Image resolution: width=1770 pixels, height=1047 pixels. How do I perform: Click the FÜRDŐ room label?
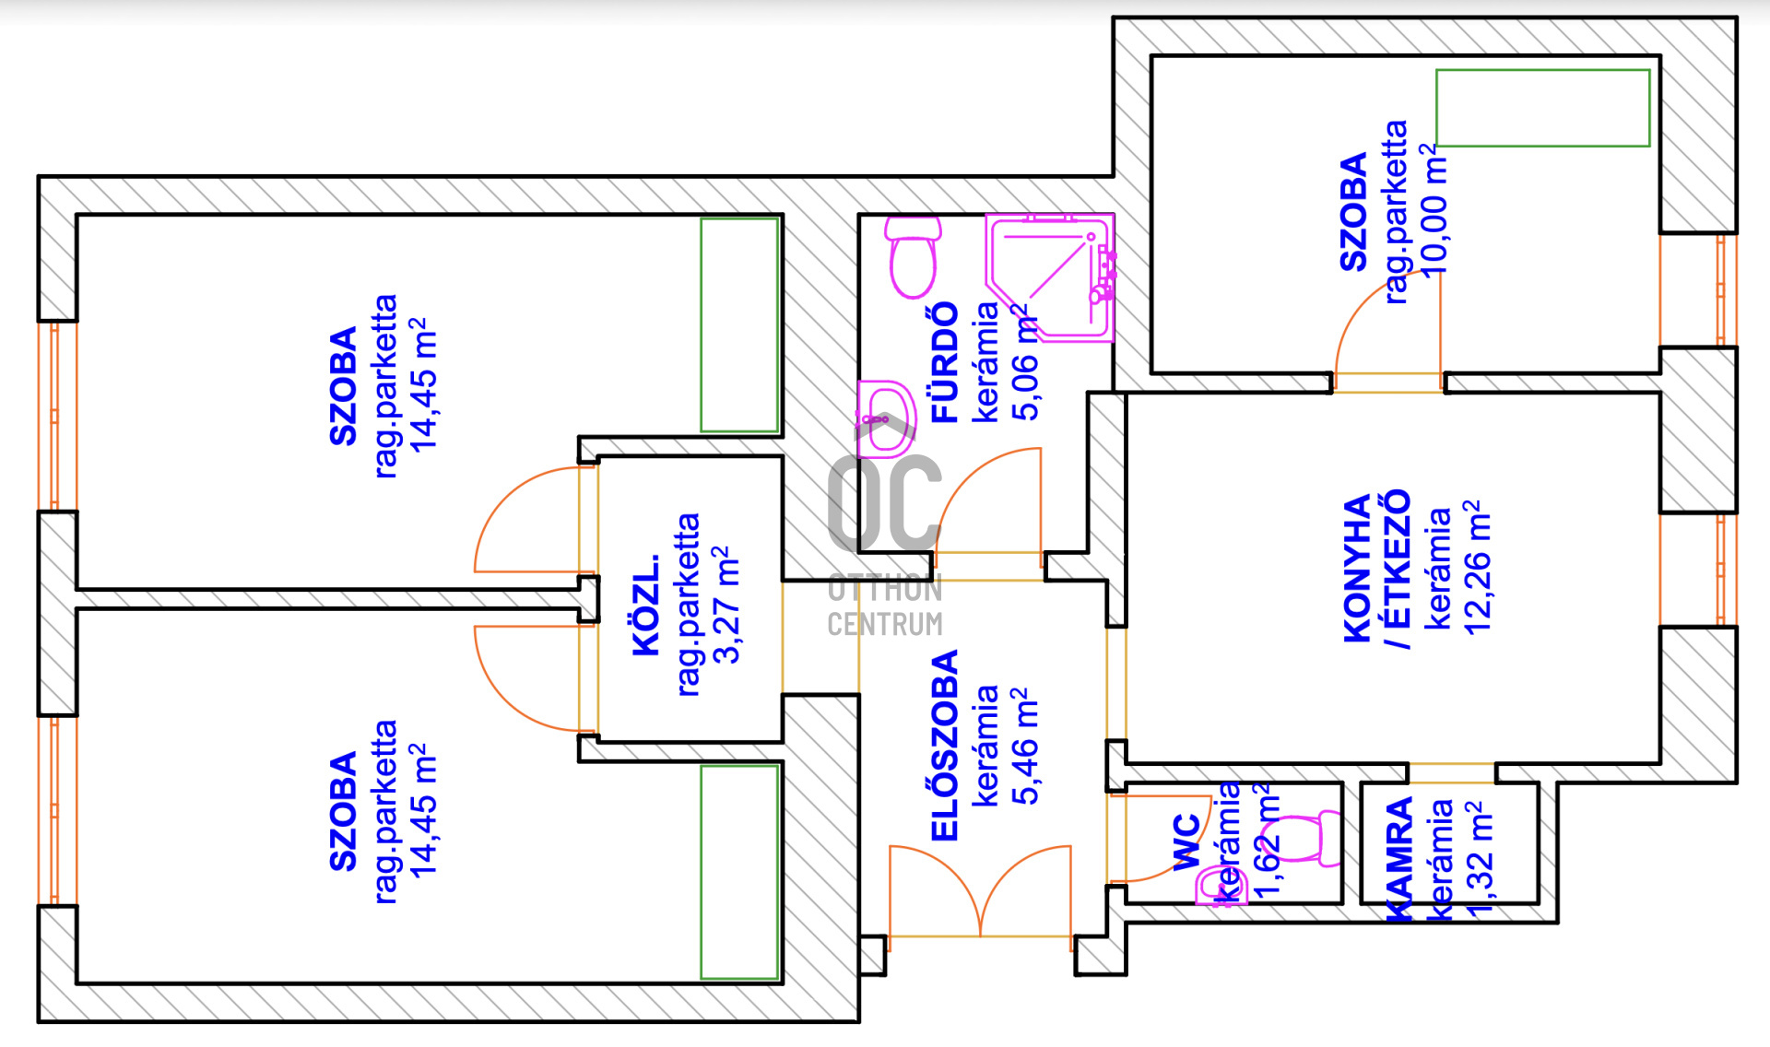tap(946, 363)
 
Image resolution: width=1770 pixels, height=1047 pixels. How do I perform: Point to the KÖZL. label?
tap(647, 606)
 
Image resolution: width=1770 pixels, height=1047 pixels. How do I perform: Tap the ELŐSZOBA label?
tap(946, 746)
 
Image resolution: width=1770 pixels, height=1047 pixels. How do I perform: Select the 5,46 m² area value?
tap(1025, 746)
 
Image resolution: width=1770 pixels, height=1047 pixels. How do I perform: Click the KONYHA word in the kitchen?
tap(1357, 569)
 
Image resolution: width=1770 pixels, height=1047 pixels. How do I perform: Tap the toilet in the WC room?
tap(1309, 837)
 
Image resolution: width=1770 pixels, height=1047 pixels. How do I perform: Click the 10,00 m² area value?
tap(1434, 210)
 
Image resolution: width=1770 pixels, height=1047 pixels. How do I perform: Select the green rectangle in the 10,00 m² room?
tap(1542, 108)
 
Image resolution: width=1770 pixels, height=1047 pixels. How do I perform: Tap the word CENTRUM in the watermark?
tap(885, 625)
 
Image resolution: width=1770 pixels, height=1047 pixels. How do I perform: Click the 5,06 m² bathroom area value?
tap(1025, 363)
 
